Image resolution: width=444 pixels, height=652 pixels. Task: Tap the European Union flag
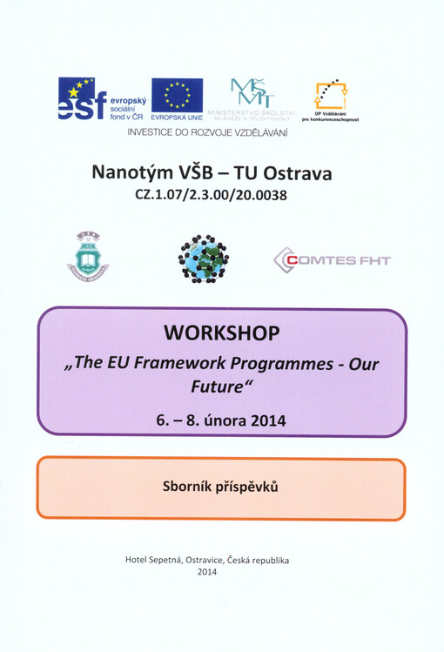[x=177, y=96]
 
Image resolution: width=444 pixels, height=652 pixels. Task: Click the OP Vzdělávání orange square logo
[x=330, y=95]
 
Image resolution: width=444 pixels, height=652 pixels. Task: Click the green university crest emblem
[x=88, y=255]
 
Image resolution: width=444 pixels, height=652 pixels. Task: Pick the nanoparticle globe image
[x=204, y=258]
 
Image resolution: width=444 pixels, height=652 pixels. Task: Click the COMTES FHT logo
[x=332, y=259]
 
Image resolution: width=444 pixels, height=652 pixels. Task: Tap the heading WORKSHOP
[x=221, y=333]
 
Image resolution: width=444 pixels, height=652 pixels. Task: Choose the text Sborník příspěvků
[x=221, y=487]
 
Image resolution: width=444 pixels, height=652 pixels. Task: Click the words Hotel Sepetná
[x=160, y=561]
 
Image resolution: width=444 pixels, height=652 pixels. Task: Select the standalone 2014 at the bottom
[x=207, y=572]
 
